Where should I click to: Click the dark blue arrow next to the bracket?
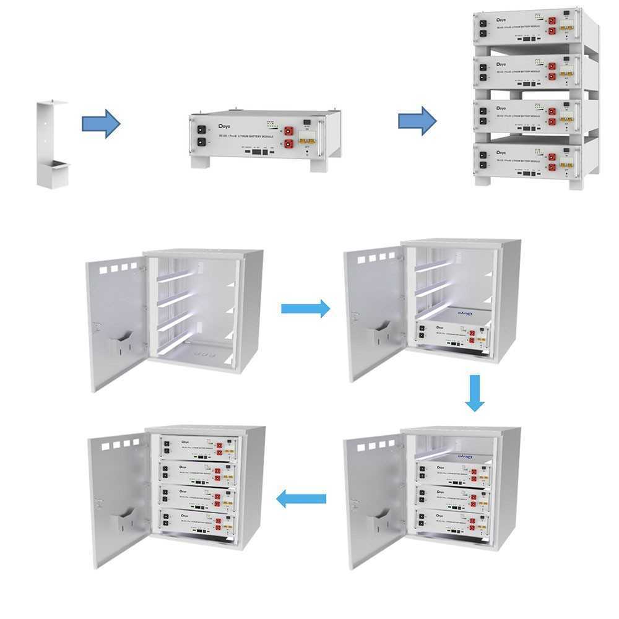tap(100, 124)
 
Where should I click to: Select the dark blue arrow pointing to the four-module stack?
tap(417, 120)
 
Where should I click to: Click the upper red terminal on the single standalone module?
tap(288, 131)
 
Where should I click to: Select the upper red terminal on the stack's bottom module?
tap(551, 157)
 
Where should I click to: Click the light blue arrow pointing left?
tap(301, 498)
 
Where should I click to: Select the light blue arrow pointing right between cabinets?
tap(306, 308)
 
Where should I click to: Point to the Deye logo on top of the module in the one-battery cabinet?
tap(464, 314)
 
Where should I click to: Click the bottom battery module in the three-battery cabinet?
tap(452, 519)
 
